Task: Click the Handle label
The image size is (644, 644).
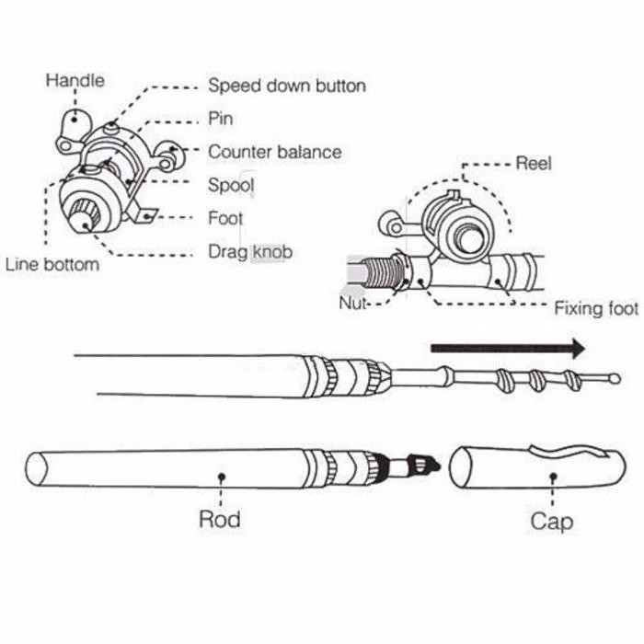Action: [75, 81]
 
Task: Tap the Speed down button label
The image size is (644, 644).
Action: [287, 86]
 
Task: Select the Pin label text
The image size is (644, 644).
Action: [221, 119]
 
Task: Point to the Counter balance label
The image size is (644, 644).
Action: [274, 152]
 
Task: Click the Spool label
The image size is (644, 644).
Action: [231, 185]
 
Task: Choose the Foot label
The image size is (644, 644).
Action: [225, 218]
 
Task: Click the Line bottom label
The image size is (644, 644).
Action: [52, 265]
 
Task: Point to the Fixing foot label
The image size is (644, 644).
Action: [595, 308]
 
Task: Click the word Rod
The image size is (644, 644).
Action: [220, 519]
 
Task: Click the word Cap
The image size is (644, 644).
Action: [551, 521]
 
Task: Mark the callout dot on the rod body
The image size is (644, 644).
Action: [222, 476]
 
